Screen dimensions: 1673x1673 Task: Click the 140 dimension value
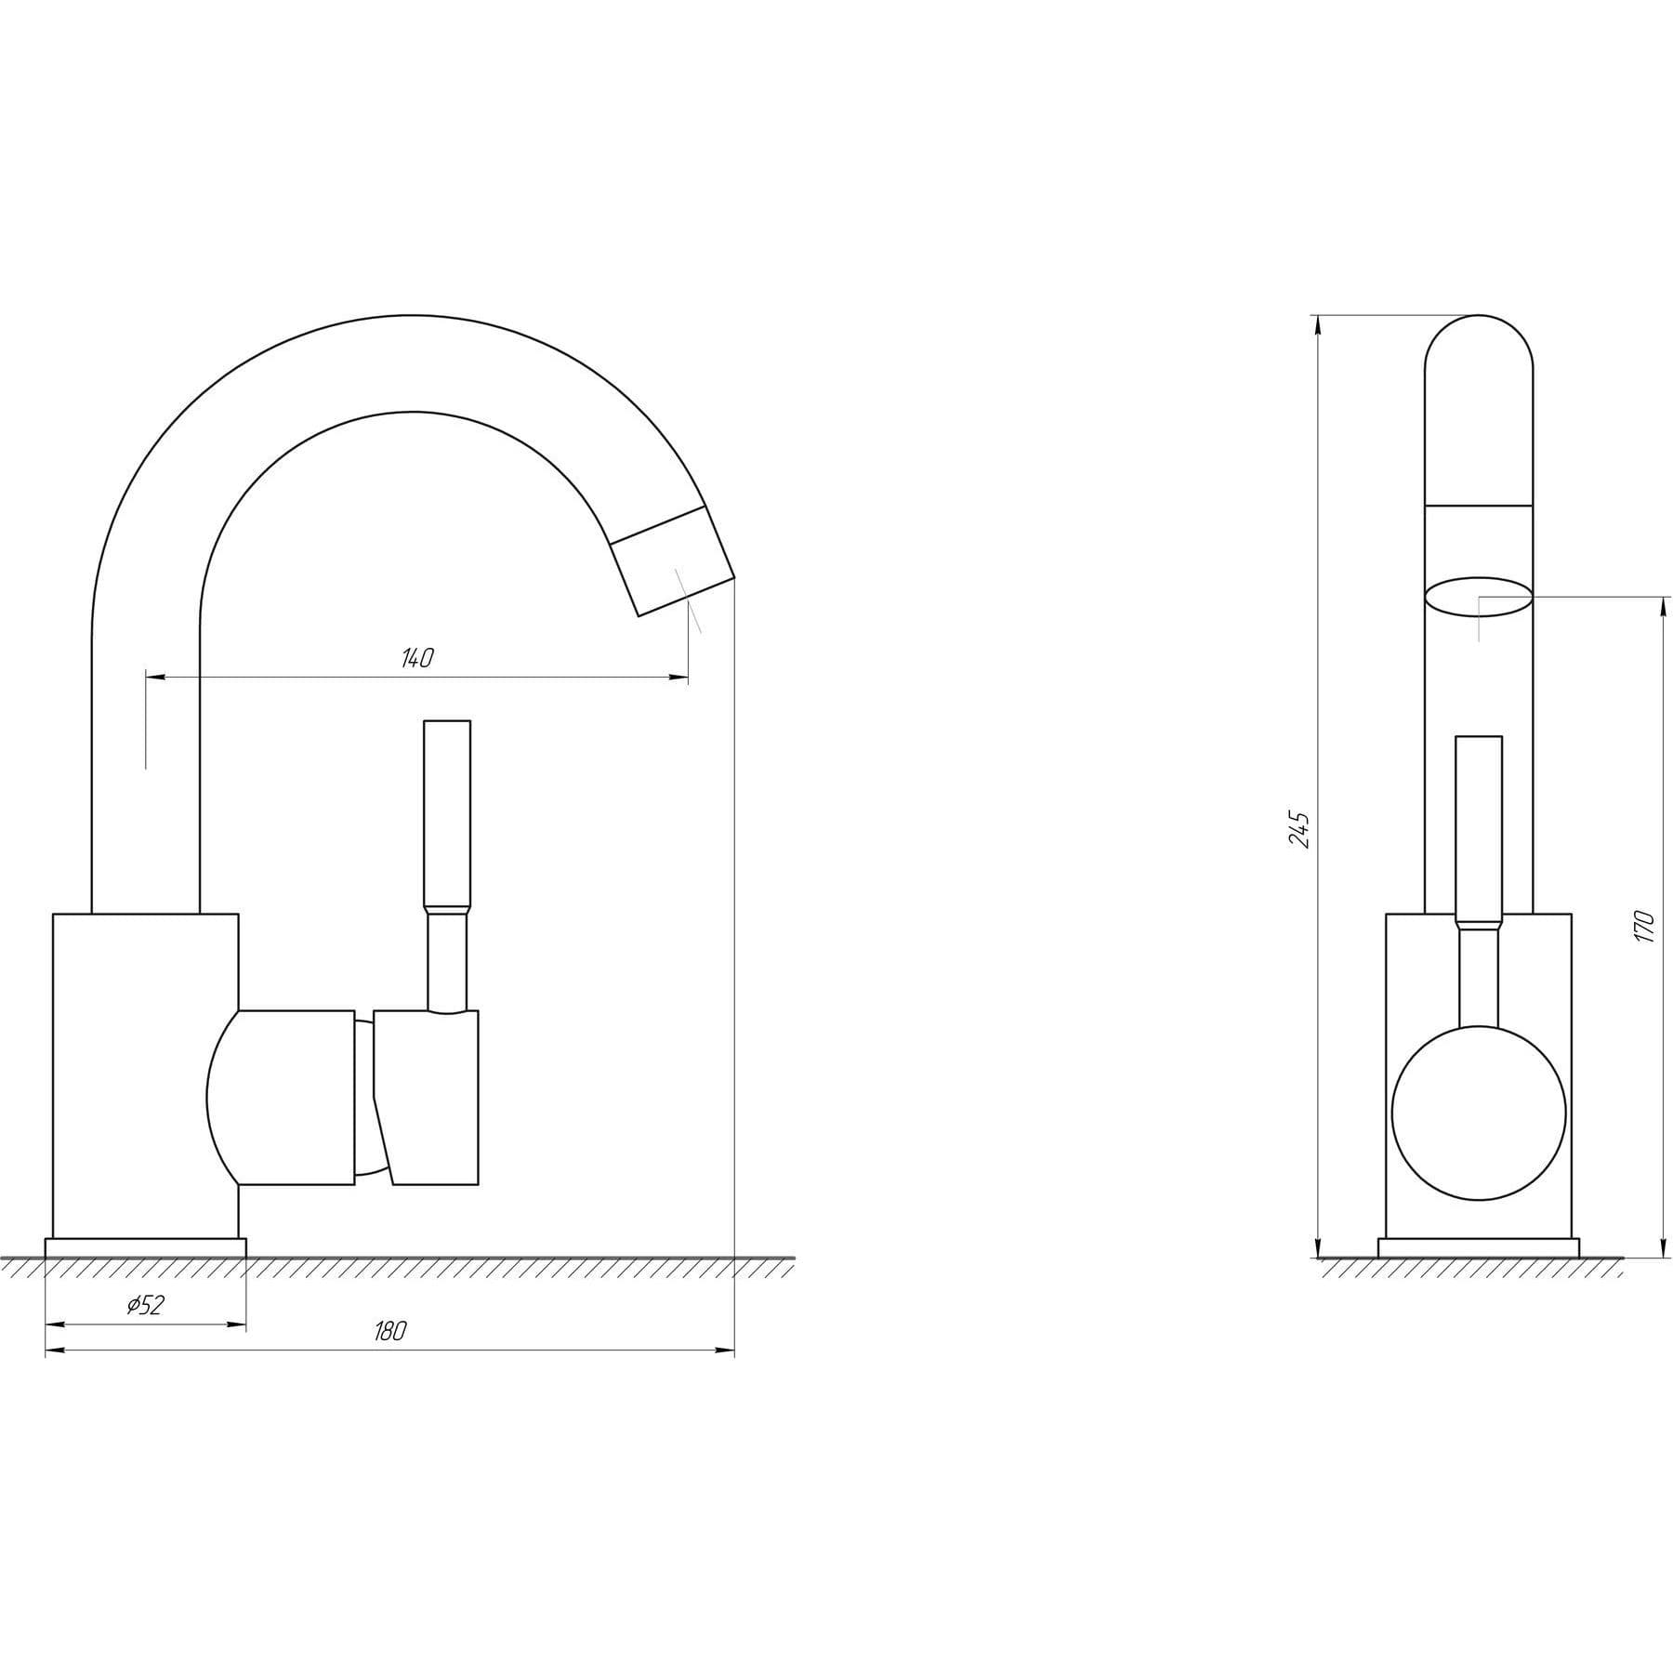point(417,658)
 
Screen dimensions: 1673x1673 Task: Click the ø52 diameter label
point(145,1305)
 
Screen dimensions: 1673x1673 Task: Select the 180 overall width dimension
point(390,1331)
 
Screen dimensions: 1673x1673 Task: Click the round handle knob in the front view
point(1479,1113)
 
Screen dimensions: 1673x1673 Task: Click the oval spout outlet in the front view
point(1479,596)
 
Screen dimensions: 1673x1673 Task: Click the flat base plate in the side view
point(1479,1247)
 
